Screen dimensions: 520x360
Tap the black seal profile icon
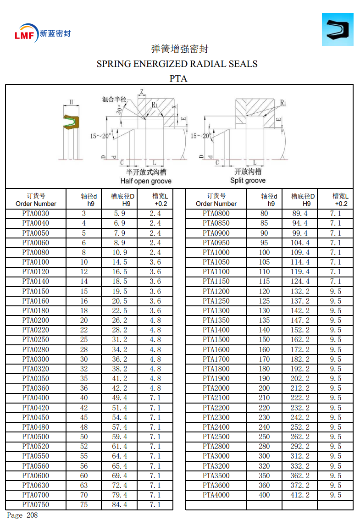[x=337, y=29]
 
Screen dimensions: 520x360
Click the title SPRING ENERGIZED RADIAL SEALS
[x=177, y=64]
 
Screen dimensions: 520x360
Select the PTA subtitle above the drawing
[x=178, y=78]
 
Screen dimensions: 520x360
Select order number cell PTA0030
[x=35, y=213]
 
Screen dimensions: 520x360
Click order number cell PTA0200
[x=35, y=320]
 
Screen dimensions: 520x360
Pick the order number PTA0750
[x=35, y=504]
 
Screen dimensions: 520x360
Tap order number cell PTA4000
[x=216, y=495]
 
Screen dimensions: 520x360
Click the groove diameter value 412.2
[x=300, y=495]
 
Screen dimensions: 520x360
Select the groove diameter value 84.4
[x=120, y=504]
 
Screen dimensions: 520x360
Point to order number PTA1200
[x=216, y=291]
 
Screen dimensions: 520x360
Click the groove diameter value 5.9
[x=120, y=213]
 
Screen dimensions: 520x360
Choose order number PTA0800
[x=216, y=213]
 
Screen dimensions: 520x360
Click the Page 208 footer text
[x=22, y=515]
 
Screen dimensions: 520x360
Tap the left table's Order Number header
[x=36, y=200]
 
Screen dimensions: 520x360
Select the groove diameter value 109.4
[x=300, y=252]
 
